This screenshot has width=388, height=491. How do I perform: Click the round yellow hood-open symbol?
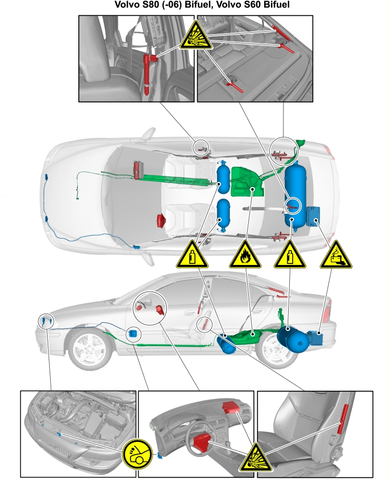click(137, 454)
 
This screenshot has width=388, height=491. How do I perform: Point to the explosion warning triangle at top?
click(196, 35)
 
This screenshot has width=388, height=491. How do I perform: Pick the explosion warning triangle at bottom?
click(255, 457)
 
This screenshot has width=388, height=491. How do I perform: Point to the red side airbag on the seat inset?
click(342, 419)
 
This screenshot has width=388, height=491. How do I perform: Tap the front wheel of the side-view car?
click(90, 348)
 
